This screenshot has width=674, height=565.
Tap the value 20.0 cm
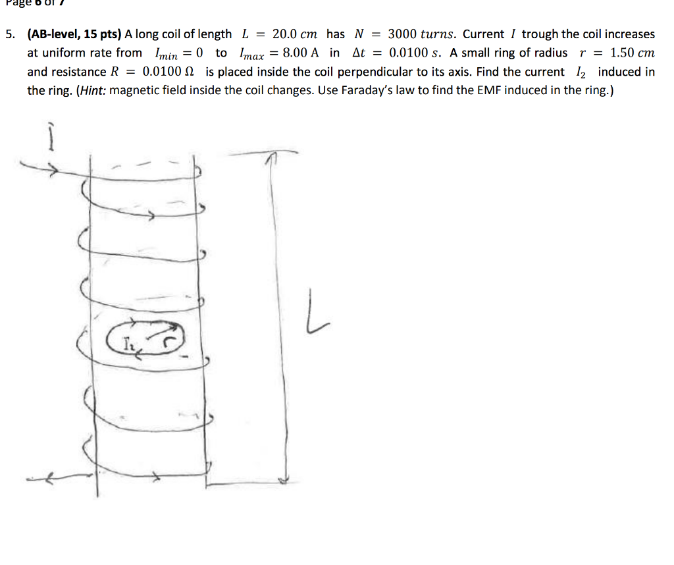coord(295,34)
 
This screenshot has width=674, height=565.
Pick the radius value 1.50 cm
coord(633,53)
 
